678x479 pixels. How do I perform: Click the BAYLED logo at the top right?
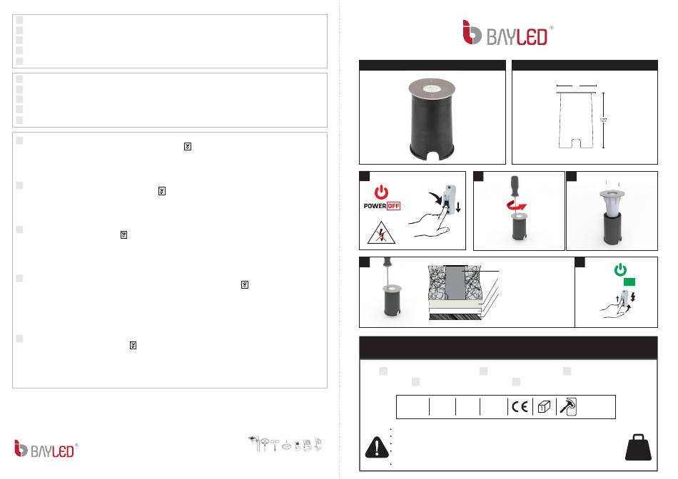(x=507, y=33)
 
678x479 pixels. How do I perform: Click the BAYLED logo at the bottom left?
(x=46, y=449)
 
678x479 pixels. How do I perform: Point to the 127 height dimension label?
(x=604, y=120)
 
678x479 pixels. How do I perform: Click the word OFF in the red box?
(x=393, y=206)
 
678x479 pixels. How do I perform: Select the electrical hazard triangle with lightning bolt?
(x=381, y=233)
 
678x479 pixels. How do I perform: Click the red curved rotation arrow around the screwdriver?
(x=517, y=205)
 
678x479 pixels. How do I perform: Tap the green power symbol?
(x=620, y=269)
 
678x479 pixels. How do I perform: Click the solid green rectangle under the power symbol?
(x=629, y=282)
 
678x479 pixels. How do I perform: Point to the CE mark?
(x=520, y=407)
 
